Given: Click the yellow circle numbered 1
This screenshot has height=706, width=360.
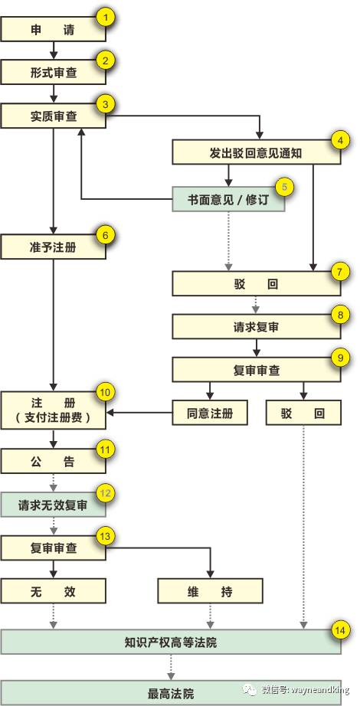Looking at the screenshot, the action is [x=106, y=18].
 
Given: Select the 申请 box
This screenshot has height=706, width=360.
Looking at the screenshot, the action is [x=53, y=29].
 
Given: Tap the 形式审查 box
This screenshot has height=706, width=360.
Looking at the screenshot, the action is [x=53, y=73].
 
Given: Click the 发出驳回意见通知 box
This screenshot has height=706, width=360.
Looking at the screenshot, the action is [x=257, y=152].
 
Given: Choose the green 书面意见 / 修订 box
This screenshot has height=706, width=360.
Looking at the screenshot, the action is [x=229, y=199].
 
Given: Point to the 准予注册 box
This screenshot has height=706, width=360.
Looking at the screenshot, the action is [x=53, y=247].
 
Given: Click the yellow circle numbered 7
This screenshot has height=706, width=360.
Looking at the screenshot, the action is [x=340, y=272].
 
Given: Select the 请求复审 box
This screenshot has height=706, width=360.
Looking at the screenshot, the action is [x=257, y=326].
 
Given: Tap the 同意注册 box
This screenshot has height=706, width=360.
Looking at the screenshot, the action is [x=210, y=413].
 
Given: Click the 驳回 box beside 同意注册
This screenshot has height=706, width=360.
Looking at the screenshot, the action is [x=303, y=413].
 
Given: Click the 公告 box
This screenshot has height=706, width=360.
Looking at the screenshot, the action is [x=53, y=462].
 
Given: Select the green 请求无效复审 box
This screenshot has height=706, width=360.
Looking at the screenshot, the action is [x=53, y=505].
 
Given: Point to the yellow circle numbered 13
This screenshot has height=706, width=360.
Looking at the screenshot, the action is [x=106, y=536].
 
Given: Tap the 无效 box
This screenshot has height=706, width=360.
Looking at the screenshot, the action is [x=53, y=591].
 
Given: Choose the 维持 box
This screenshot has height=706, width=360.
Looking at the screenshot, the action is [x=210, y=591].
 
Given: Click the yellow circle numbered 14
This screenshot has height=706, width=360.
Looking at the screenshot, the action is [x=340, y=631].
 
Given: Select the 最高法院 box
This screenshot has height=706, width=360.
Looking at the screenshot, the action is [x=171, y=693].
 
